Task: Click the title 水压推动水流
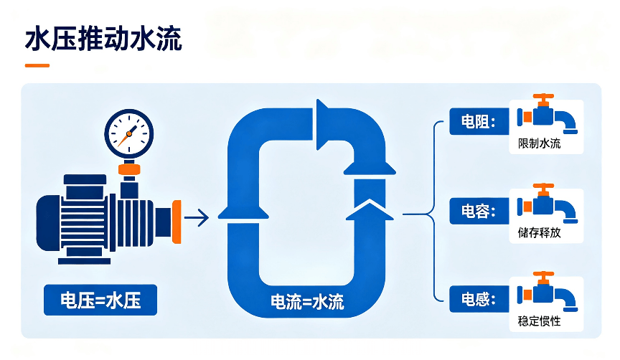coord(103,39)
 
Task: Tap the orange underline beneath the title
coord(37,65)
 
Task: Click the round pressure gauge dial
coord(129,133)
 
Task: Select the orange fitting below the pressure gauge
coord(129,169)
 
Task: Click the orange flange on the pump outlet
coord(177,222)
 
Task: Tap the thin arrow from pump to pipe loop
coord(197,217)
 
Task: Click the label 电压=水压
coord(100,300)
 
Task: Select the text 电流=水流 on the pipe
coord(307,301)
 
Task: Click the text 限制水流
coord(540,143)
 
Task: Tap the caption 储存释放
coord(540,232)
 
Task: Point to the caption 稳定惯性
coord(540,321)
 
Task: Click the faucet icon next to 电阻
coord(548,114)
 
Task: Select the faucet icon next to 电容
coord(548,204)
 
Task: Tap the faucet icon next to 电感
coord(548,292)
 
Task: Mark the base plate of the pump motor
coord(84,261)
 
